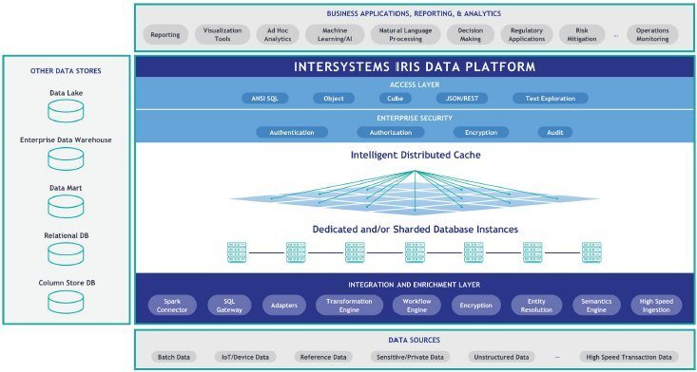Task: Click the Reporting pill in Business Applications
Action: (166, 35)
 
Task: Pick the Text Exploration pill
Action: (551, 98)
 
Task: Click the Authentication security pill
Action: (291, 132)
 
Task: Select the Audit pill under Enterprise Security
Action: (554, 132)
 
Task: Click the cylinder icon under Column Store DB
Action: (67, 302)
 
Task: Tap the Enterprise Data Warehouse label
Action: (67, 140)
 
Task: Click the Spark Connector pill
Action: (172, 305)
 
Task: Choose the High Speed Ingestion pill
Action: (655, 305)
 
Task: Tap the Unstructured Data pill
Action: (500, 357)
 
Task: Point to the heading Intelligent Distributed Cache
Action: (415, 154)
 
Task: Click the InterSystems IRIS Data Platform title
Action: (415, 67)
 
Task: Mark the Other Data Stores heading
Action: (66, 71)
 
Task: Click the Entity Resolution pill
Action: (535, 305)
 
